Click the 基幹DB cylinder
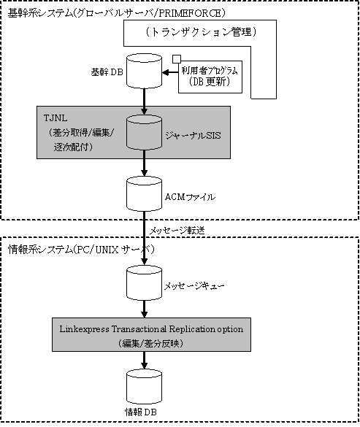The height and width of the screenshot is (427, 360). pyautogui.click(x=144, y=71)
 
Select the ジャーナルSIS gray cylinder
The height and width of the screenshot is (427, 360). pyautogui.click(x=144, y=132)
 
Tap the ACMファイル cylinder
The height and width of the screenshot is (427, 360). pyautogui.click(x=144, y=194)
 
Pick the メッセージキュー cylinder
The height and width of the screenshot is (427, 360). pyautogui.click(x=144, y=283)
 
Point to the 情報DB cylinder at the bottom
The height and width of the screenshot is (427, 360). pyautogui.click(x=144, y=387)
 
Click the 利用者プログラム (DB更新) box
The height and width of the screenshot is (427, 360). pyautogui.click(x=210, y=77)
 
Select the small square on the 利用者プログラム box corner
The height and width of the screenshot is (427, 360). pyautogui.click(x=177, y=59)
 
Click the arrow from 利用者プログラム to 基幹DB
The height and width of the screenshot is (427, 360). pyautogui.click(x=170, y=73)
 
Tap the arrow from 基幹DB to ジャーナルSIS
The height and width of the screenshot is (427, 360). pyautogui.click(x=144, y=101)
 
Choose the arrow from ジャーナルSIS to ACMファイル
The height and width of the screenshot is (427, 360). pyautogui.click(x=144, y=163)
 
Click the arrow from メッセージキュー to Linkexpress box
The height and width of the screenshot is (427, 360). pyautogui.click(x=144, y=309)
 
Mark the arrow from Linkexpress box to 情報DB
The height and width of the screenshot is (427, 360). pyautogui.click(x=144, y=361)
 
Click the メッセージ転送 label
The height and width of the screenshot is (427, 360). pyautogui.click(x=177, y=231)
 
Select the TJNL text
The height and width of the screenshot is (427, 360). pyautogui.click(x=55, y=118)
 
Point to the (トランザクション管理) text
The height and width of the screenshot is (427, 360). pyautogui.click(x=201, y=32)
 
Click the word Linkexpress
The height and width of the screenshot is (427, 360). pyautogui.click(x=84, y=329)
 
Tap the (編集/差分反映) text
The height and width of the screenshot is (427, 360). pyautogui.click(x=151, y=343)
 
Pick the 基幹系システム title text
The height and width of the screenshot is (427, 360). pyautogui.click(x=40, y=13)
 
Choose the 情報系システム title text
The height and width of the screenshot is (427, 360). pyautogui.click(x=40, y=249)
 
